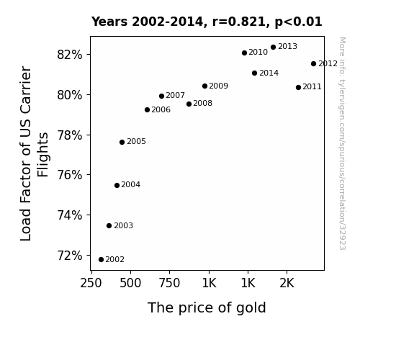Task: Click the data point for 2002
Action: coord(101,260)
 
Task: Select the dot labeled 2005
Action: coord(122,142)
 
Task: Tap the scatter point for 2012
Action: coord(313,63)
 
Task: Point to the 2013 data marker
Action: coord(274,48)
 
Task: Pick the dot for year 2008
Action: coord(189,104)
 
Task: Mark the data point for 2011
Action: coord(298,87)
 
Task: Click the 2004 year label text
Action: coord(131,184)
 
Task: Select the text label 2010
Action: coord(258,53)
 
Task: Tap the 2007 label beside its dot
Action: coord(175,95)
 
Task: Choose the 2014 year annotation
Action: coord(269,73)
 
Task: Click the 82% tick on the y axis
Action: coord(69,55)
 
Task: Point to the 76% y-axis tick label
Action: coord(69,175)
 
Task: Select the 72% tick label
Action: coord(69,256)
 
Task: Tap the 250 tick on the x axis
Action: coord(91,284)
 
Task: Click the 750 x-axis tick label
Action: coord(169,284)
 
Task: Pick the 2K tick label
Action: coord(287,284)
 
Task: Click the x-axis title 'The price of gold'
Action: coord(207,308)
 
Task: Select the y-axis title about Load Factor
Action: coord(35,153)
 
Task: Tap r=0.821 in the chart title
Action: coord(239,22)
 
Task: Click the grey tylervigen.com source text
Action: coord(342,143)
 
